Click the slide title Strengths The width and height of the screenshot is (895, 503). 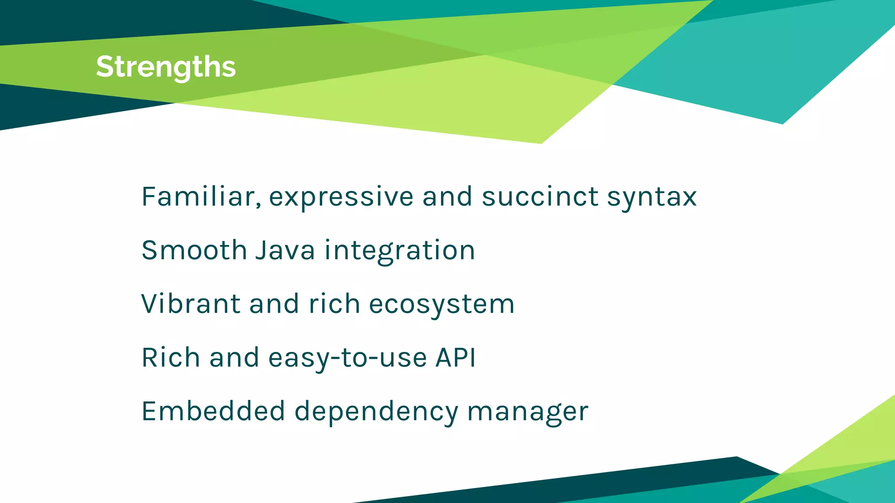click(x=166, y=67)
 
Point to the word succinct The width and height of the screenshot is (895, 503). click(x=540, y=196)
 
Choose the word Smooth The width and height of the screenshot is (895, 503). click(x=194, y=250)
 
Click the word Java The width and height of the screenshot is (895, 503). click(x=285, y=250)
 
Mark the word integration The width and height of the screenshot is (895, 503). click(x=399, y=251)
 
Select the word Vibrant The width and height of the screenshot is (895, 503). click(x=191, y=304)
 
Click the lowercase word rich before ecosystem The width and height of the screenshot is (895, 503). click(x=334, y=304)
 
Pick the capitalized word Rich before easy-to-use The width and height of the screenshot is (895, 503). click(x=171, y=358)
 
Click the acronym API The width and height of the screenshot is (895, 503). click(x=456, y=358)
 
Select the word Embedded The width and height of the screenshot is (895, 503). click(x=213, y=411)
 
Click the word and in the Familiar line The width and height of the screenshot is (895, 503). click(x=447, y=196)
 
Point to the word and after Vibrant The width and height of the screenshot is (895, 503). click(x=274, y=304)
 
